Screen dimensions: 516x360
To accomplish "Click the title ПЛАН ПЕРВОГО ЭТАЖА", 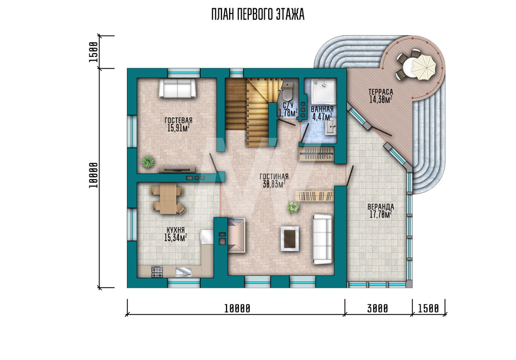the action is click(257, 14).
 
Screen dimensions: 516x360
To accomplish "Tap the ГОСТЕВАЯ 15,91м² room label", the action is click(179, 124).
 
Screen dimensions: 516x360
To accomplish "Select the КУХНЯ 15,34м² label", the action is click(175, 234).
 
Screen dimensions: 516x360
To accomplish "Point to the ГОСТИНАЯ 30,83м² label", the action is click(274, 180).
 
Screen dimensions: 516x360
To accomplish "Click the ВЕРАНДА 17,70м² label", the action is click(381, 211).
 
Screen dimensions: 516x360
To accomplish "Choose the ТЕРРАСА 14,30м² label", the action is click(381, 96).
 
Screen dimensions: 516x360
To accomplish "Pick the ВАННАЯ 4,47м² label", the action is click(322, 112).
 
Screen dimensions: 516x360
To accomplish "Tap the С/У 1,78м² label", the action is click(288, 109).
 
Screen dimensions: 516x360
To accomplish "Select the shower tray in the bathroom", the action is click(324, 91).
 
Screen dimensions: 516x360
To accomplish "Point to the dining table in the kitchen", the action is click(168, 199).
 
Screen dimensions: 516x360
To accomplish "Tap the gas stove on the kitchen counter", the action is click(157, 272).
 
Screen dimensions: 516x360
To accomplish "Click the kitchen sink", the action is click(183, 271).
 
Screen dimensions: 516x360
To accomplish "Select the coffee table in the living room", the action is click(289, 239).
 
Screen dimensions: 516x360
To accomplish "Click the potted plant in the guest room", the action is click(148, 162).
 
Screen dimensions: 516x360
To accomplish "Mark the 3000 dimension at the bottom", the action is click(378, 309).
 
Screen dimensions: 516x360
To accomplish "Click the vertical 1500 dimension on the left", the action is click(93, 52).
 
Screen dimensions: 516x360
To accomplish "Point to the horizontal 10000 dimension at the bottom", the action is click(237, 309).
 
